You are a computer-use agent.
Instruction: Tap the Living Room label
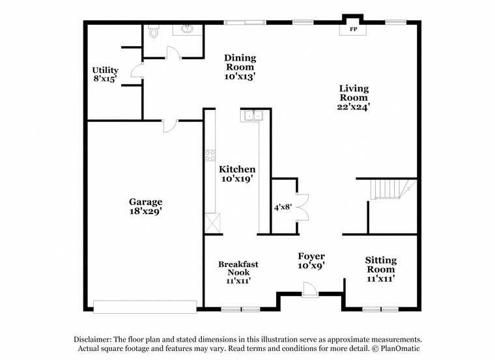[354, 97]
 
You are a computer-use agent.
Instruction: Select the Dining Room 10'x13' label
[240, 66]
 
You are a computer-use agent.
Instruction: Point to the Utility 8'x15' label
[105, 75]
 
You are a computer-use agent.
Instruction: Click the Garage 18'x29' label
[145, 206]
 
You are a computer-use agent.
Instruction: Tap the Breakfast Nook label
[238, 272]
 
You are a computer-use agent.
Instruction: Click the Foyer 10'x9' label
[311, 260]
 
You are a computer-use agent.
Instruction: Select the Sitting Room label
[380, 269]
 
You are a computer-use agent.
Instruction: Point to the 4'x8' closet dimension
[283, 207]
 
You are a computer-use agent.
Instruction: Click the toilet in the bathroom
[154, 31]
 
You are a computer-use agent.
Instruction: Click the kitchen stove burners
[210, 155]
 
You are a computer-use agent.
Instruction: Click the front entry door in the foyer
[311, 290]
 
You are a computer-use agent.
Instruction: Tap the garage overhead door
[145, 306]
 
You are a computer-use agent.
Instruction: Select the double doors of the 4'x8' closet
[302, 207]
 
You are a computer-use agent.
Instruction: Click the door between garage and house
[169, 125]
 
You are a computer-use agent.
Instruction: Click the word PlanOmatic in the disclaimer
[400, 348]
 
